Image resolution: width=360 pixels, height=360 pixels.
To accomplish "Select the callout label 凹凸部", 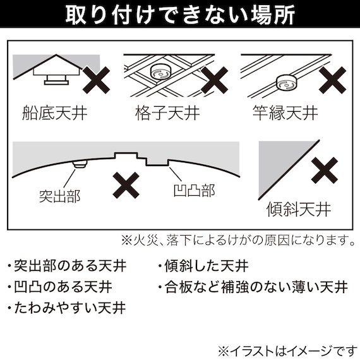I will [193, 189].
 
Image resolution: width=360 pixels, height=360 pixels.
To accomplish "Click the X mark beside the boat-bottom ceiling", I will [95, 81].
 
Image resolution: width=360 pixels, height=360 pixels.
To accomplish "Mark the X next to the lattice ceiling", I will [213, 81].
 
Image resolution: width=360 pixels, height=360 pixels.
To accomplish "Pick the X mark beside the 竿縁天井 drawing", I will [330, 81].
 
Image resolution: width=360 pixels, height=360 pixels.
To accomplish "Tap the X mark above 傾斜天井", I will [327, 171].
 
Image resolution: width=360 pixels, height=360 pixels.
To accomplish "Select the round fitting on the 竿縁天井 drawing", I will [284, 83].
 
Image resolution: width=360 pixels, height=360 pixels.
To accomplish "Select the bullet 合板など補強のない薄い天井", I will [253, 287].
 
